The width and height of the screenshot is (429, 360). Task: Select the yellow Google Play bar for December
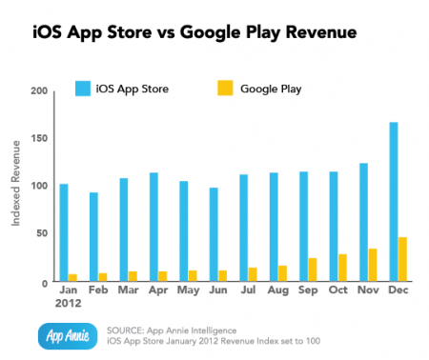pyautogui.click(x=377, y=259)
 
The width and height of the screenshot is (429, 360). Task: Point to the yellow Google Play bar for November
pyautogui.click(x=346, y=265)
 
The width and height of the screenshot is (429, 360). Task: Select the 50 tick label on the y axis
pyautogui.click(x=41, y=234)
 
